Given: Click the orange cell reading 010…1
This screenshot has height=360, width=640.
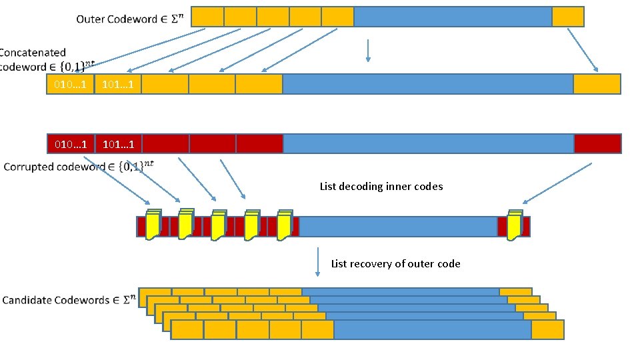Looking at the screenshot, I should point(70,84).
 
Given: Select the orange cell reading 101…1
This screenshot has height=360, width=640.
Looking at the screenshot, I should point(118,84).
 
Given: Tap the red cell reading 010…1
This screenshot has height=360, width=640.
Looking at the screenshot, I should point(70,144).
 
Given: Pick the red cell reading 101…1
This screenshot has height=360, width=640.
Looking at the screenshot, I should point(118,144).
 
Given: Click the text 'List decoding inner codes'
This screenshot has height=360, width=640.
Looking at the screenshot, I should point(381,187).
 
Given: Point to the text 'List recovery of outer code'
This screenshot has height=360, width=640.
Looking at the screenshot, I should point(395,264).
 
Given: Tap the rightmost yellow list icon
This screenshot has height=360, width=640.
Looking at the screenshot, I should point(514,225).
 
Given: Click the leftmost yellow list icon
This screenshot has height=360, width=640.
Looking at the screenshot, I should point(153,225).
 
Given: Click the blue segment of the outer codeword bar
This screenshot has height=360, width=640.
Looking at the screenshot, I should point(453,17).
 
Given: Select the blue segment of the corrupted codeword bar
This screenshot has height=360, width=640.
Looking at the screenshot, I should point(428,144).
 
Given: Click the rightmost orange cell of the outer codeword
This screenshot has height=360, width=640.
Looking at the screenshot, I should point(568,17).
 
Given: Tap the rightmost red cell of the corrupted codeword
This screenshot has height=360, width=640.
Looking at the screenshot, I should point(597,144).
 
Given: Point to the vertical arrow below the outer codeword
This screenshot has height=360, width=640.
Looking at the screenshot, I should point(367,51).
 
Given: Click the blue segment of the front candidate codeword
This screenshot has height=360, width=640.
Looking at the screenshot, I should point(432,330).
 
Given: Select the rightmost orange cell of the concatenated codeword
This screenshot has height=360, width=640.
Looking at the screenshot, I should point(597,84).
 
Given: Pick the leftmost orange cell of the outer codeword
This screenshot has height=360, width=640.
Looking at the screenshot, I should point(207,17).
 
